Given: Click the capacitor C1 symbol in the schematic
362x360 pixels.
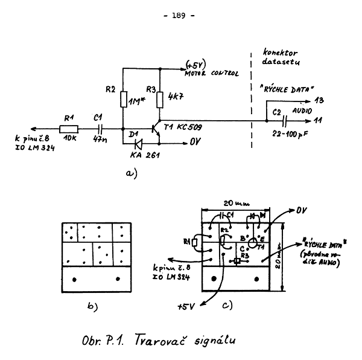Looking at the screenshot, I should (x=102, y=128).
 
